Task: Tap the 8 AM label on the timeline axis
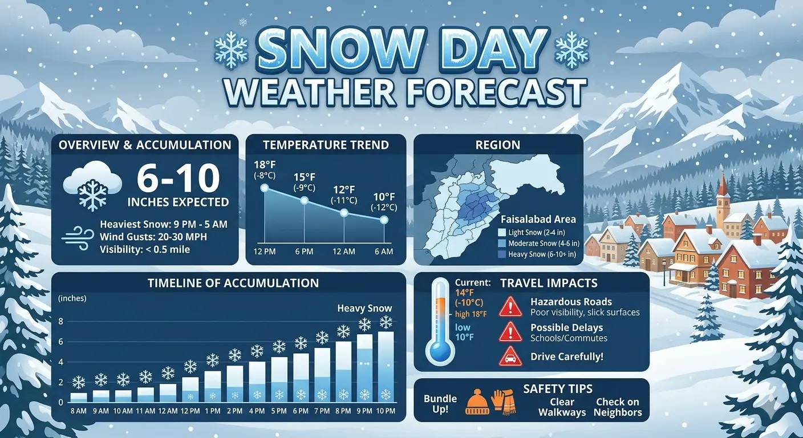[79, 411]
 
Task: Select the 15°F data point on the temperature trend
[304, 200]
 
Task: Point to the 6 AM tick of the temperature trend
[383, 252]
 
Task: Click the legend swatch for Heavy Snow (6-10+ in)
[501, 254]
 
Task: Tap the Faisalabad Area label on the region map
[538, 219]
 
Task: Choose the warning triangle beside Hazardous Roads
[510, 307]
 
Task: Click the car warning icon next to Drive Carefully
[510, 357]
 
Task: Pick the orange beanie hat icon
[477, 402]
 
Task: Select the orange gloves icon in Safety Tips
[504, 401]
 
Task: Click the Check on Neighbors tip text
[618, 407]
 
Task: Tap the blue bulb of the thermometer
[441, 352]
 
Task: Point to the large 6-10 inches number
[179, 179]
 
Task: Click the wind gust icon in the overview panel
[77, 237]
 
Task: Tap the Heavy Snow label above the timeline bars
[364, 309]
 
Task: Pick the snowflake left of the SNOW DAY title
[230, 50]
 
